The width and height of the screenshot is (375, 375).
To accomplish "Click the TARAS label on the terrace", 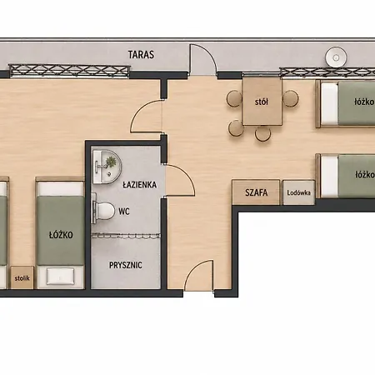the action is click(x=141, y=55).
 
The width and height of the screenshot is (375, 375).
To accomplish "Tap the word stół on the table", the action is click(x=262, y=102).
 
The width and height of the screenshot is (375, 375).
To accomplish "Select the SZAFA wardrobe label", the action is click(x=257, y=192).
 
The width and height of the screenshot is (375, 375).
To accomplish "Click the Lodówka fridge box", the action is click(x=298, y=192).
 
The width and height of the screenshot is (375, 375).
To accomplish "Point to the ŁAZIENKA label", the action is click(x=140, y=184).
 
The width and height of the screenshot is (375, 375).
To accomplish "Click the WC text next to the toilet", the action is click(x=124, y=212).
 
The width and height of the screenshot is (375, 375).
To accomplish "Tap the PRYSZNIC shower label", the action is click(x=126, y=265).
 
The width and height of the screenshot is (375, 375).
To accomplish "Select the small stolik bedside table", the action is click(x=22, y=277).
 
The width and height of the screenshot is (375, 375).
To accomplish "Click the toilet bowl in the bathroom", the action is click(x=104, y=211).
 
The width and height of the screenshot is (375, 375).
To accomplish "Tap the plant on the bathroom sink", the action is click(x=111, y=162).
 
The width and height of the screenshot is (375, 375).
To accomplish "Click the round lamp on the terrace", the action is click(x=336, y=57).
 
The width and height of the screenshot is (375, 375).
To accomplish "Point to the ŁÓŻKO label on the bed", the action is click(x=61, y=235).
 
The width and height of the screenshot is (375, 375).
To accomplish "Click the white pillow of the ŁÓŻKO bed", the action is click(x=61, y=276).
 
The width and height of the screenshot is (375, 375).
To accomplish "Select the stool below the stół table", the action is click(x=262, y=133).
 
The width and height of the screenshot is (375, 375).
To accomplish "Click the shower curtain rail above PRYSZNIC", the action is click(x=126, y=236).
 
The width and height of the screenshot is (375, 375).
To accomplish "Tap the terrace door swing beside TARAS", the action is click(x=202, y=59).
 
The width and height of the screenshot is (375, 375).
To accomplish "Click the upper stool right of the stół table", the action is click(x=291, y=98).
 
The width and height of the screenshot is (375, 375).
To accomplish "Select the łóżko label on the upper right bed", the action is click(x=364, y=102).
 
